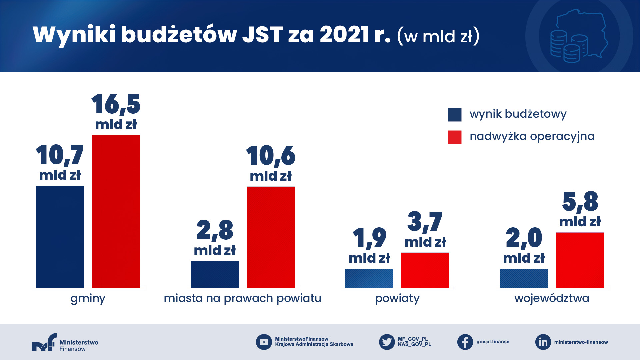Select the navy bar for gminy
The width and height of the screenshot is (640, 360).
pos(60,236)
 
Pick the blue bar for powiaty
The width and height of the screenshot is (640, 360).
pos(369,278)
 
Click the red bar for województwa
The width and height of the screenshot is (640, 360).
pos(580,260)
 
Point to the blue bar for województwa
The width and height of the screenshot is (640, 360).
pos(524,278)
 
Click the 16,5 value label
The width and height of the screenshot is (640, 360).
pos(116,105)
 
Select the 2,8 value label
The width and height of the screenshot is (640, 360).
pos(215,230)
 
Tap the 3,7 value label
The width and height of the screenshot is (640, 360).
pos(425,222)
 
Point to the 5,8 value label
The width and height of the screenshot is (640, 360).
pos(580,202)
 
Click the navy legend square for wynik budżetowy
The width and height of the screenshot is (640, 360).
pos(455,115)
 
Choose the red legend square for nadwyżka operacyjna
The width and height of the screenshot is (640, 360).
pos(455,137)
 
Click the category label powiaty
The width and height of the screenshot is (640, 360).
pos(397,298)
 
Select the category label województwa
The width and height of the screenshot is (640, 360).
pos(552,298)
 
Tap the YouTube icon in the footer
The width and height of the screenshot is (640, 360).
pos(264,342)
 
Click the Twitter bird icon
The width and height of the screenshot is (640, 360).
pos(387,342)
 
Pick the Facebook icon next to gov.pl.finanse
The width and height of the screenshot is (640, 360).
pos(465,342)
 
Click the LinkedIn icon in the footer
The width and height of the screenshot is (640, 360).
pos(543,342)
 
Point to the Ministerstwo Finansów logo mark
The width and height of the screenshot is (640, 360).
pos(44,342)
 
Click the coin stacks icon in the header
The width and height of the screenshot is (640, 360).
pos(568,47)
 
